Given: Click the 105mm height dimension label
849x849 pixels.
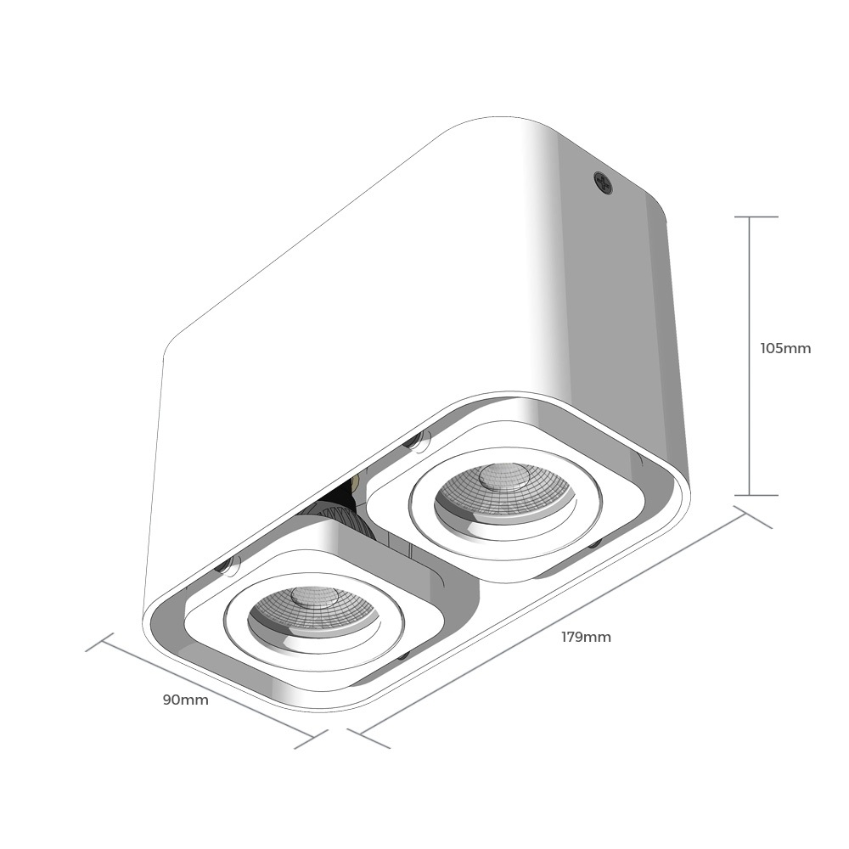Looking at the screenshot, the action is coord(785,348).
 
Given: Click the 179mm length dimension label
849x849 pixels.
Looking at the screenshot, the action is coord(586,637).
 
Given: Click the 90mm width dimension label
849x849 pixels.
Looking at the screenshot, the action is coord(186,700).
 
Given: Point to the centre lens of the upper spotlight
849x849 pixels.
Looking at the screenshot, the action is coord(503,476).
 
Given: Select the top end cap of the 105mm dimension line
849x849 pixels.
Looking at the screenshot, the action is coord(750,216).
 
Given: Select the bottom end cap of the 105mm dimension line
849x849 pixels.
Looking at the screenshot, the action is coord(750,495).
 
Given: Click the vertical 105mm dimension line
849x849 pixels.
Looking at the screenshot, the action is coord(750,356).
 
